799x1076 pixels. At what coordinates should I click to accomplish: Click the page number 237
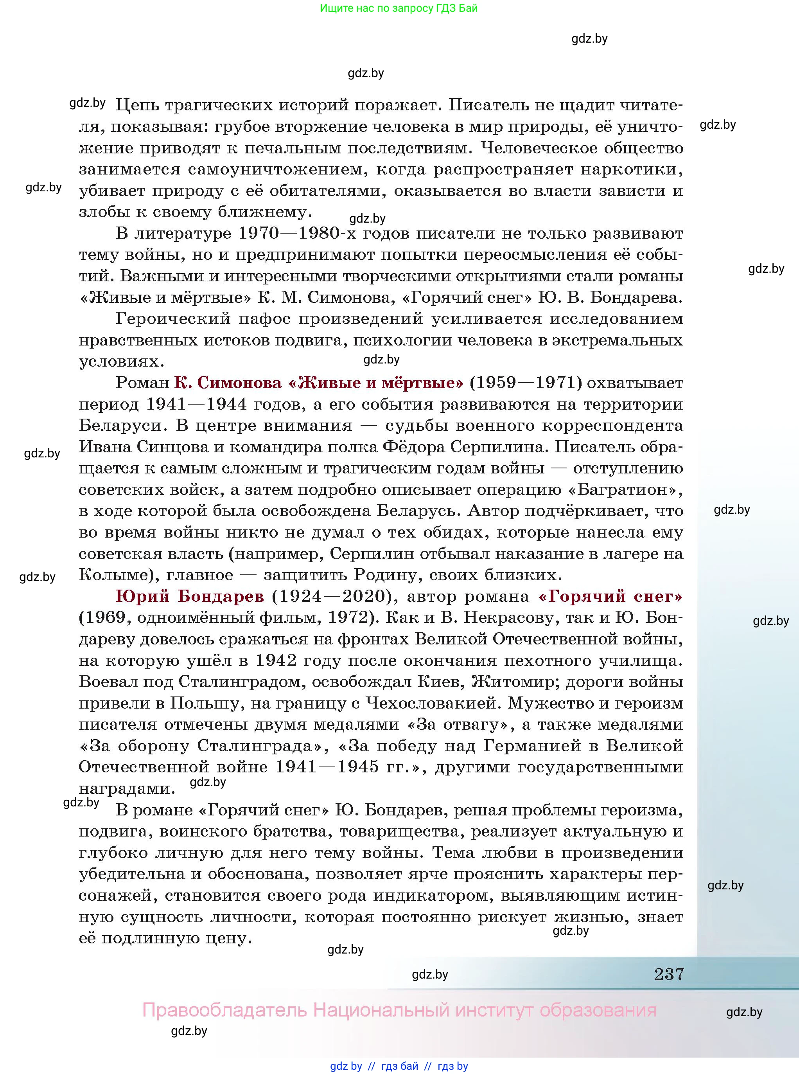669,973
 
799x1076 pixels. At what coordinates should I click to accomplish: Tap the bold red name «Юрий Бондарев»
190,597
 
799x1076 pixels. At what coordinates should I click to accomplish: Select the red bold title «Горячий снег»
610,597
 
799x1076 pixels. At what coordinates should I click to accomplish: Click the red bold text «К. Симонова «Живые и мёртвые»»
318,383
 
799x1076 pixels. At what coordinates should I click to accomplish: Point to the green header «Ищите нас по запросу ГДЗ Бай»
399,8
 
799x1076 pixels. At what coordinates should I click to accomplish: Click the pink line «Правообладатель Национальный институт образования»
399,1010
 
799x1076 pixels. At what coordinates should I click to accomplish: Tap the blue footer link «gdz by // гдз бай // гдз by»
399,1066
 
